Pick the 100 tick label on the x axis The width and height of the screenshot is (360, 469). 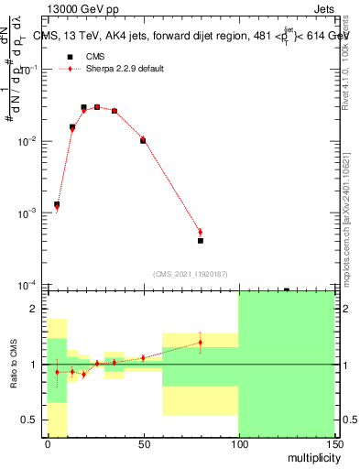pyautogui.click(x=238, y=442)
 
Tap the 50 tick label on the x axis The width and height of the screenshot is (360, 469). pyautogui.click(x=143, y=442)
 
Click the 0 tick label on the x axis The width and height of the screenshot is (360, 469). pyautogui.click(x=48, y=442)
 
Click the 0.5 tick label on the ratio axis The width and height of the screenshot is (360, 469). pyautogui.click(x=32, y=420)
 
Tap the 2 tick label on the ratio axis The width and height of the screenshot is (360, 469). pyautogui.click(x=37, y=310)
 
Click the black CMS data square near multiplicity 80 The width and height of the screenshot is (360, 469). pyautogui.click(x=200, y=241)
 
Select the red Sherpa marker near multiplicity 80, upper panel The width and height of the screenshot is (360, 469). pyautogui.click(x=200, y=232)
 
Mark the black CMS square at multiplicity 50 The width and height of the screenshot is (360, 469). pyautogui.click(x=143, y=141)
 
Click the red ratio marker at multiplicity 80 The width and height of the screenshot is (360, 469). pyautogui.click(x=200, y=343)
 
